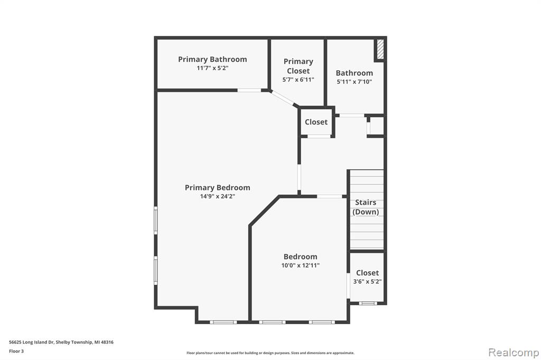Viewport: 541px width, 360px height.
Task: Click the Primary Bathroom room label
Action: pos(212,59)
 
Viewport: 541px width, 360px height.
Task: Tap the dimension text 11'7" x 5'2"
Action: pos(212,68)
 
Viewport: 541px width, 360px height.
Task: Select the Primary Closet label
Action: pos(299,66)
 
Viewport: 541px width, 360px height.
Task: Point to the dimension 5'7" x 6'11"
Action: pos(298,80)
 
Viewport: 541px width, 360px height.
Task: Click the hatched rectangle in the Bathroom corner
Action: pos(380,49)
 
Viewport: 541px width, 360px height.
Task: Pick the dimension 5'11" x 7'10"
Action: pos(355,82)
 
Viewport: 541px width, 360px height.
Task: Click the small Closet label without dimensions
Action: pos(316,122)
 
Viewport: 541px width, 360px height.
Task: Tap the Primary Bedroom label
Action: pos(217,187)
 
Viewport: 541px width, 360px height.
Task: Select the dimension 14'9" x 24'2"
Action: pos(217,196)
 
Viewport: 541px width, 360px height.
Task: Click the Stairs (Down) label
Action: pos(366,207)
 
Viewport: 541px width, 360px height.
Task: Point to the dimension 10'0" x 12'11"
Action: pos(300,265)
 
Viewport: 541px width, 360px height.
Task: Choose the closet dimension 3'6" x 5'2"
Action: pos(368,281)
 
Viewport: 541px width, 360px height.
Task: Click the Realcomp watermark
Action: pos(514,353)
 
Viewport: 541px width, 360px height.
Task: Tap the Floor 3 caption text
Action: pos(16,352)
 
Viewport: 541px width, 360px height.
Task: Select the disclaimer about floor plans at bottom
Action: pos(270,353)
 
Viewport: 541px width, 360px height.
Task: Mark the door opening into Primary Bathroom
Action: pos(249,90)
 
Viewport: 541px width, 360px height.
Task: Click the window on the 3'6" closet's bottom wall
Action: pos(368,304)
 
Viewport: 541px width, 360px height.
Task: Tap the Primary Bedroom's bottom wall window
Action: pos(223,322)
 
